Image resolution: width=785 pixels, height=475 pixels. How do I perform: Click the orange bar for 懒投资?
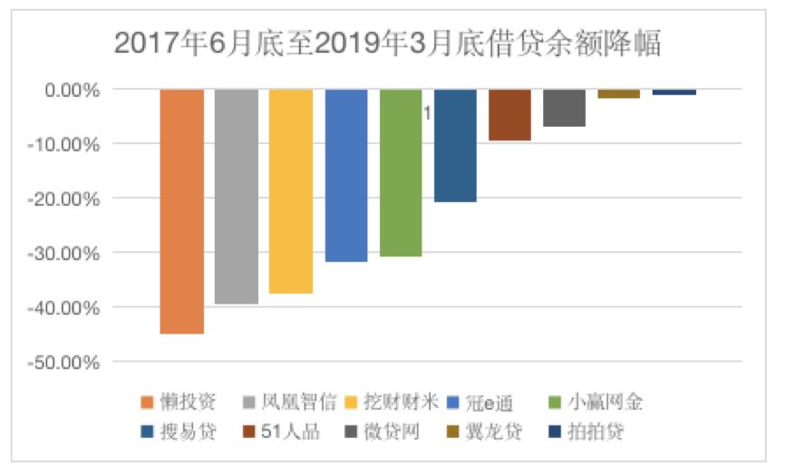[181, 211]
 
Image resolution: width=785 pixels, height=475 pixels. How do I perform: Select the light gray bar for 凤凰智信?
[237, 196]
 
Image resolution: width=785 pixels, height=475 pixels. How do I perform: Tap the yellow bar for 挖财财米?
[291, 191]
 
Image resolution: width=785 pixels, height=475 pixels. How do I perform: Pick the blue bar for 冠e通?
[346, 175]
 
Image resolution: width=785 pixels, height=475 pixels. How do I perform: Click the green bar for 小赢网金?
[401, 172]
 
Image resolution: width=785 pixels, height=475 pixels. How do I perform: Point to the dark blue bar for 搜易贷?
[455, 145]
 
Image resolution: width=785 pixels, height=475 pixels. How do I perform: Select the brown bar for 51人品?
[509, 115]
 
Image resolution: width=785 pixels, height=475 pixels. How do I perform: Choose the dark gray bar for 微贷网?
[564, 108]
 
